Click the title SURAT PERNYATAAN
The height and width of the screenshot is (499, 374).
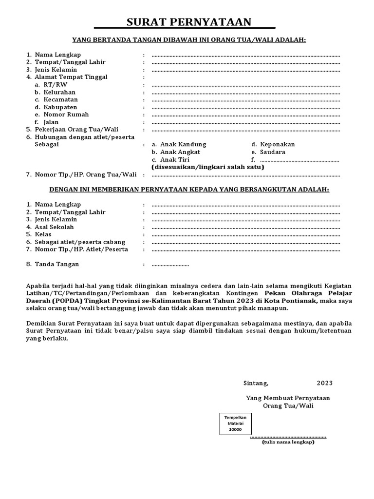tap(189, 22)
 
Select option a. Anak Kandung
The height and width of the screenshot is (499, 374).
tap(179, 145)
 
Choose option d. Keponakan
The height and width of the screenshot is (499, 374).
tap(273, 145)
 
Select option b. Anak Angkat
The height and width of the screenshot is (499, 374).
tap(176, 152)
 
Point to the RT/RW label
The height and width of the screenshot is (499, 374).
tap(55, 85)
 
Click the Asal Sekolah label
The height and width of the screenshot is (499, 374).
tap(54, 227)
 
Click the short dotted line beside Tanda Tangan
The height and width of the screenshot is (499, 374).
tap(170, 265)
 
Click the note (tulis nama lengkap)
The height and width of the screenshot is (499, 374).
tap(288, 442)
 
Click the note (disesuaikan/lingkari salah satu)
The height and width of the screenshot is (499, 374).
tap(208, 167)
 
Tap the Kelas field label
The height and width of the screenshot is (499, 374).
tap(43, 234)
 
